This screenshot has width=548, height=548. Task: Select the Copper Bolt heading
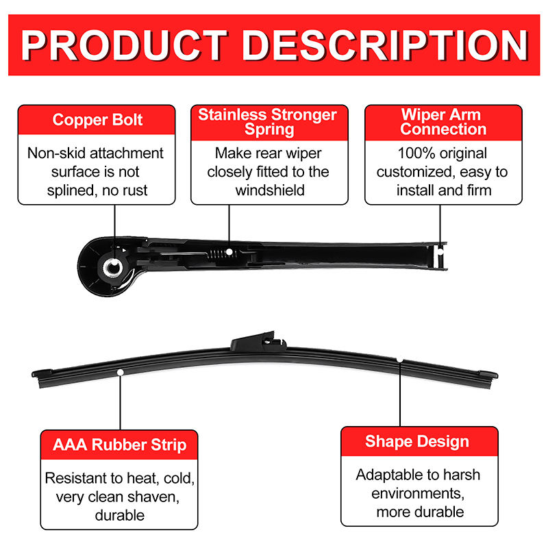[98, 121]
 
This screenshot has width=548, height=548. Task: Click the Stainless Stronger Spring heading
[268, 121]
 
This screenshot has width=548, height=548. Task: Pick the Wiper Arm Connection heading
[441, 121]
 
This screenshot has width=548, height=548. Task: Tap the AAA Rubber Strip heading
[119, 445]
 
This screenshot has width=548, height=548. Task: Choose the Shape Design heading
[417, 441]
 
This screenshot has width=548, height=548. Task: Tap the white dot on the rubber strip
[121, 371]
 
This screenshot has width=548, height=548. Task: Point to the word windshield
[270, 190]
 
